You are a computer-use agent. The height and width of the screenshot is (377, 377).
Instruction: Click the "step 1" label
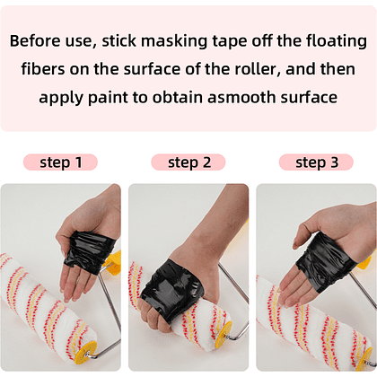click(x=60, y=162)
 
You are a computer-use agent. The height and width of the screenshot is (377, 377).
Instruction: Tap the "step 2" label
click(x=189, y=162)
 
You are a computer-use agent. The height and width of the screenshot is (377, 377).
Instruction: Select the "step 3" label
click(x=317, y=162)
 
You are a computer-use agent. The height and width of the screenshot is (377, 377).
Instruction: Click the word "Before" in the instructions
click(x=35, y=40)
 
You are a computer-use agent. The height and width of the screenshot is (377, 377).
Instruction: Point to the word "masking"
click(x=174, y=41)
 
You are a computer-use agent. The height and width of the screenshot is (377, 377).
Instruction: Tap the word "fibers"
click(x=43, y=69)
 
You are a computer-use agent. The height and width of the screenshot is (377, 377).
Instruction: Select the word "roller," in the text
click(x=258, y=69)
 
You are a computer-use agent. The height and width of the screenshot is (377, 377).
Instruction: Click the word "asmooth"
click(x=241, y=98)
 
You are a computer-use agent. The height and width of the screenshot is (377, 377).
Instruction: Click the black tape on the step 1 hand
click(x=89, y=252)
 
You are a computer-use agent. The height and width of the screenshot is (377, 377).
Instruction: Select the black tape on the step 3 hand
click(x=325, y=263)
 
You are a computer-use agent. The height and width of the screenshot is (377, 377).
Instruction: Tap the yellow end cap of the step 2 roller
click(x=224, y=332)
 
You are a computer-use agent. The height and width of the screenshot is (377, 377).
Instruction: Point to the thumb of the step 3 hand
click(x=302, y=236)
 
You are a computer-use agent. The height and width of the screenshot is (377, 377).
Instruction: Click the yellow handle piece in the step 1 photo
click(x=112, y=259)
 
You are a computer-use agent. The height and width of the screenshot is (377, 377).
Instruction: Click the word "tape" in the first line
click(x=230, y=42)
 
